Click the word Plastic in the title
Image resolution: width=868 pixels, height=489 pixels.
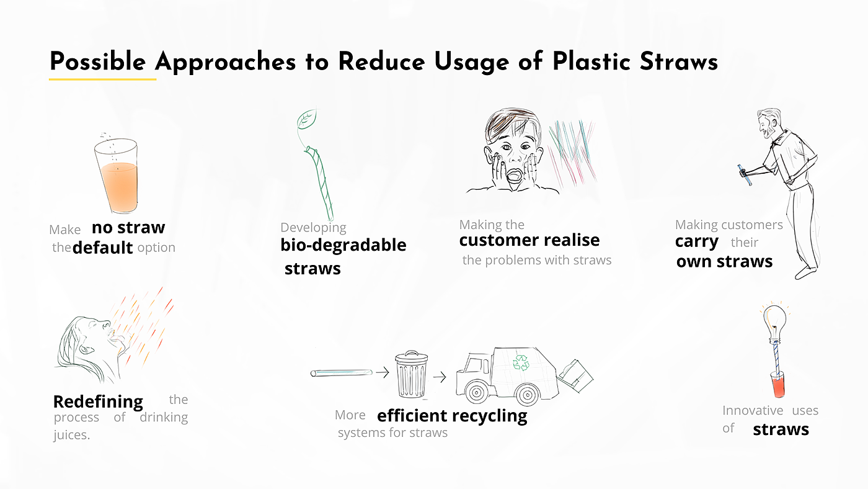click(591, 61)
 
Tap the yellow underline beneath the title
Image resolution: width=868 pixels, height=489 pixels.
click(102, 79)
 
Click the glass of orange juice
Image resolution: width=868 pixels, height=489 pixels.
click(117, 176)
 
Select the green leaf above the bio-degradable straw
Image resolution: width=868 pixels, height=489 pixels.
click(306, 119)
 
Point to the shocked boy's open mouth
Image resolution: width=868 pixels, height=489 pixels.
click(515, 176)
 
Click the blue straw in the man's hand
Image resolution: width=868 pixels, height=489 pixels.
click(745, 175)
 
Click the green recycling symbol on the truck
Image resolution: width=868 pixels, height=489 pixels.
click(521, 362)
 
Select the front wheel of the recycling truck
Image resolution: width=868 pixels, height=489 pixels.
click(476, 392)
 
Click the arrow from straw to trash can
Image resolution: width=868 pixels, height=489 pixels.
click(383, 373)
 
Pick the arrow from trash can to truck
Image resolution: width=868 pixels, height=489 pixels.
click(440, 377)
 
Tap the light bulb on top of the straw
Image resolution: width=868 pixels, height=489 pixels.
click(774, 322)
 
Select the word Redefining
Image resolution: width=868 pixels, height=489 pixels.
click(98, 402)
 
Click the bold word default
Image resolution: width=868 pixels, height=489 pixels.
click(103, 248)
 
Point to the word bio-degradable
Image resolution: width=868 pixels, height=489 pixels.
click(343, 246)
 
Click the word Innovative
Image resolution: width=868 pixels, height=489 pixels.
click(753, 410)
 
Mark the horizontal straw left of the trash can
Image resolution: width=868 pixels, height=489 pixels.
click(342, 373)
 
